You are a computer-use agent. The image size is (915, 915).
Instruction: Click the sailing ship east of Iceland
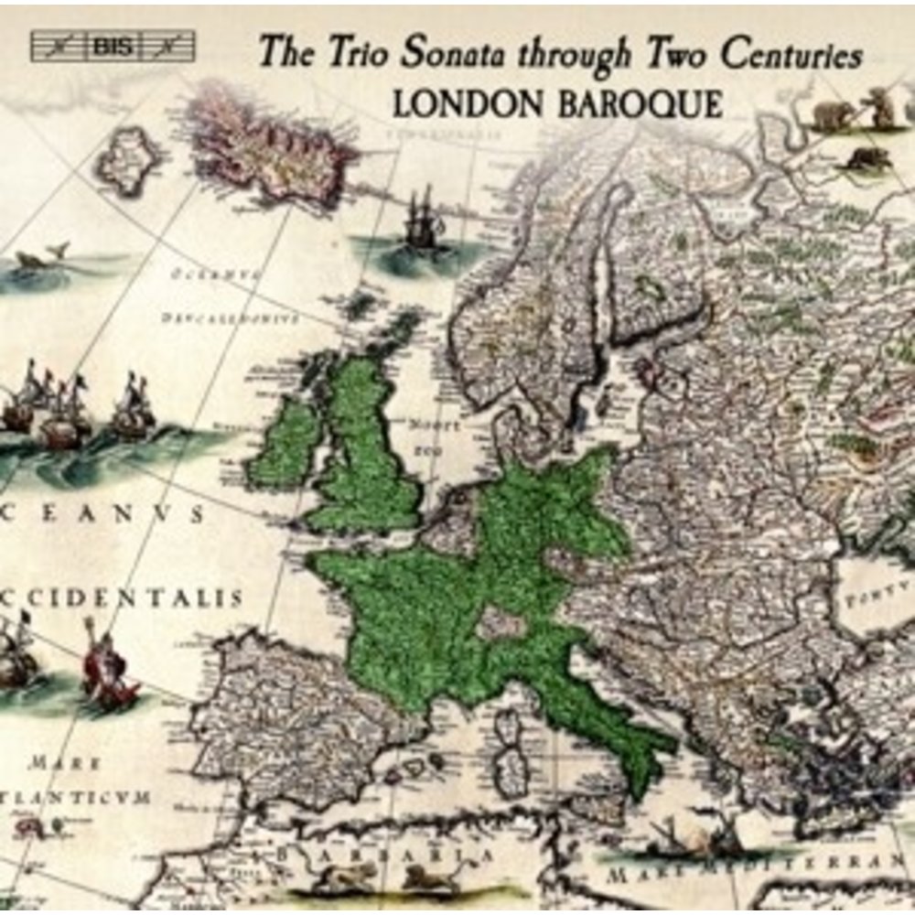423,220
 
